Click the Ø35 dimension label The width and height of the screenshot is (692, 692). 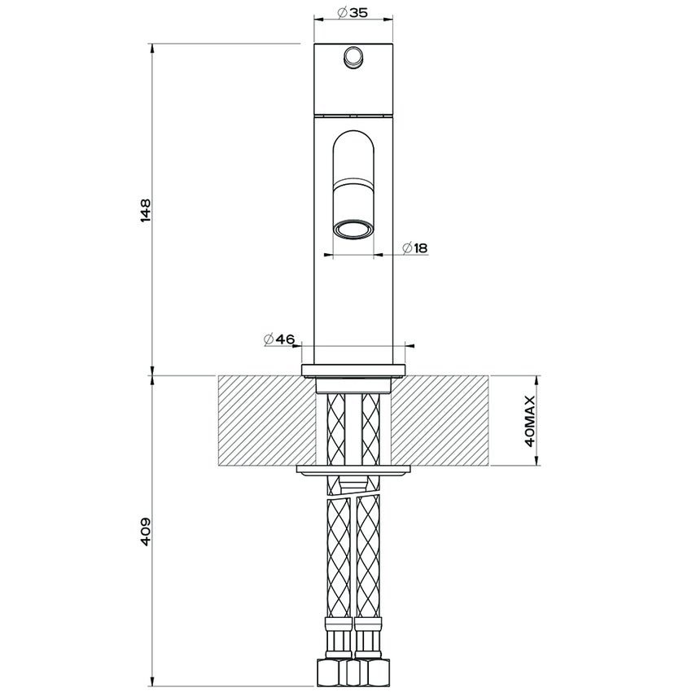pos(353,13)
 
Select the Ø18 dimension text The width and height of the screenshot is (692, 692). pos(415,248)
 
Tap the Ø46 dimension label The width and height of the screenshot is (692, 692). pos(278,339)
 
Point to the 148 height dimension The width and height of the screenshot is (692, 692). pos(146,211)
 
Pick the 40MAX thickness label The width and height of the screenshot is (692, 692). pos(530,421)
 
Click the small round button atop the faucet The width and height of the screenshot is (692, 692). pos(353,57)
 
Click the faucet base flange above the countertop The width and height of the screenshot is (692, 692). pos(353,370)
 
